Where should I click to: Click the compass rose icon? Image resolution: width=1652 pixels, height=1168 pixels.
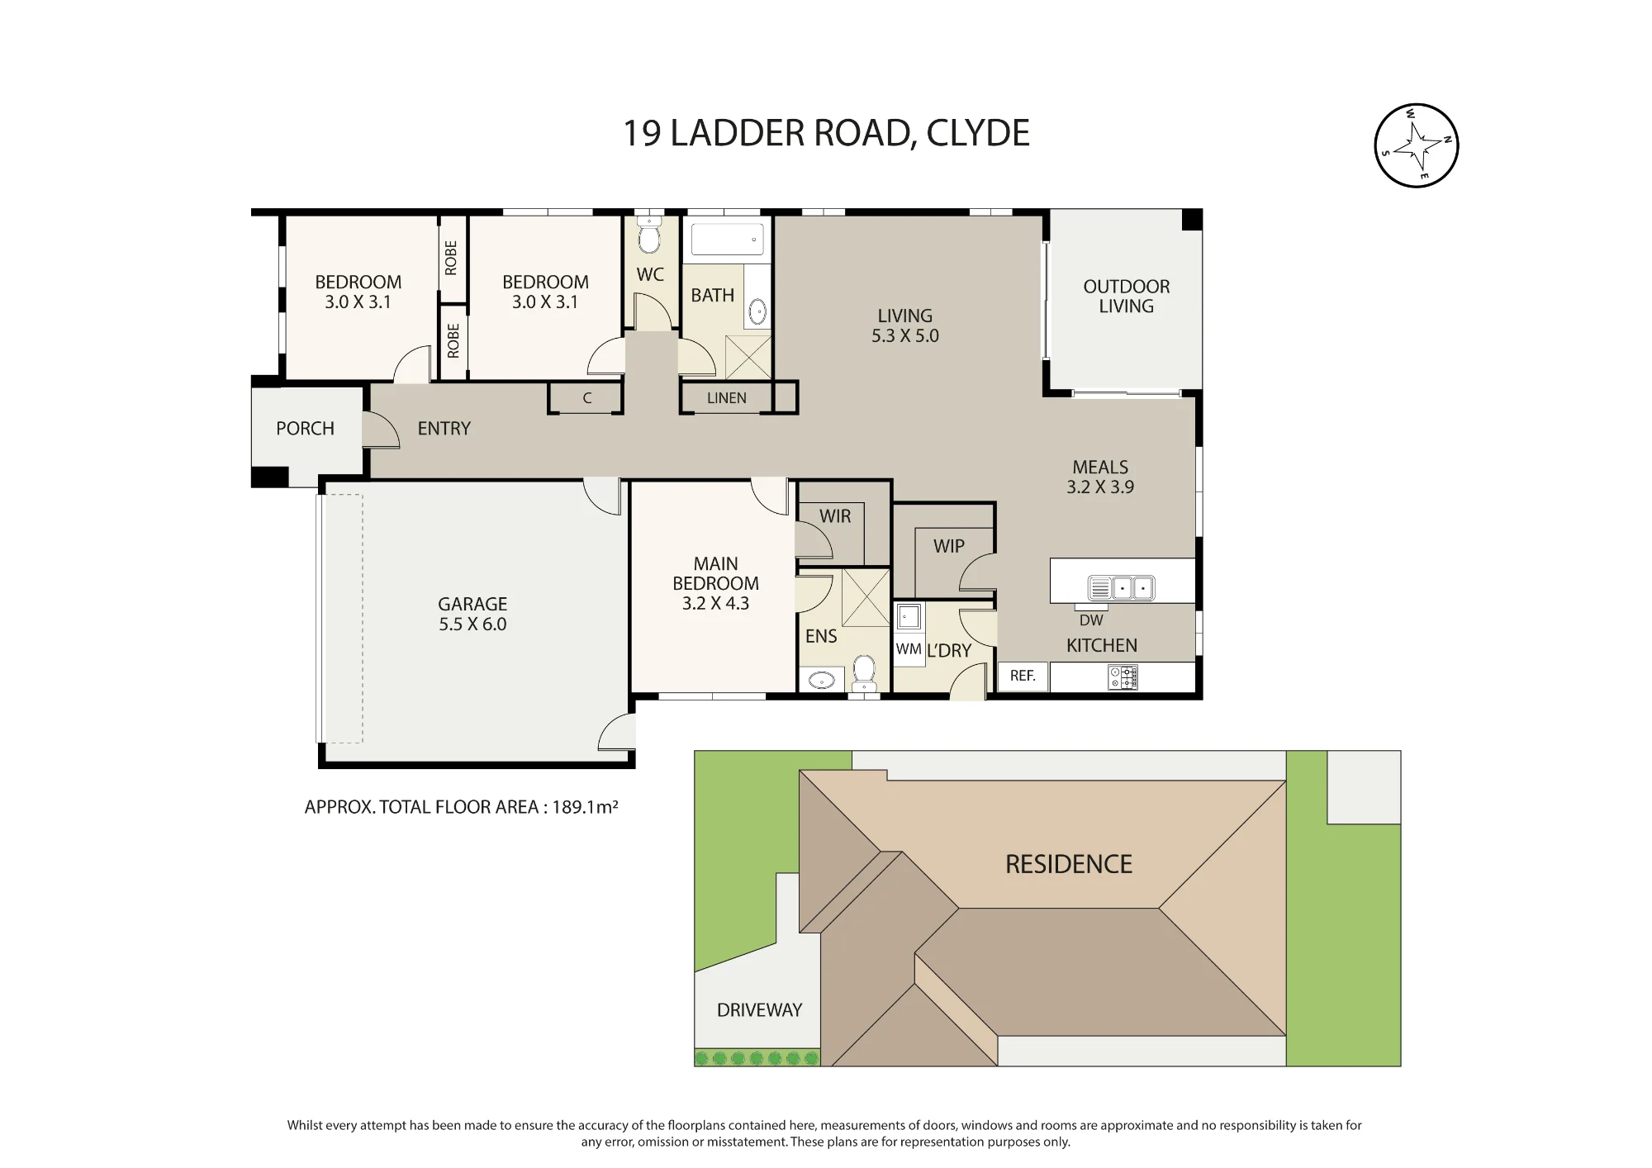tap(1416, 145)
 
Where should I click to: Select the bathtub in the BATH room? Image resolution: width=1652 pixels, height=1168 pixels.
tap(727, 239)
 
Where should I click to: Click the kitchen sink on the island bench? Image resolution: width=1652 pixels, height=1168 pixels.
tap(1121, 587)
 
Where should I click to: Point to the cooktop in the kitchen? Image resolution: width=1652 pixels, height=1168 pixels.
tap(1123, 678)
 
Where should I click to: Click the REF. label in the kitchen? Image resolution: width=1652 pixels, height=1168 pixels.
tap(1023, 676)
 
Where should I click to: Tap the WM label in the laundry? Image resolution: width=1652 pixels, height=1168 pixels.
tap(909, 649)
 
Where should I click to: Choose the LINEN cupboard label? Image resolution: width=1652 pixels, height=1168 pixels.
tap(727, 398)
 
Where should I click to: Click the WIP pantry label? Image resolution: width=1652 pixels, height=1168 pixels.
tap(949, 546)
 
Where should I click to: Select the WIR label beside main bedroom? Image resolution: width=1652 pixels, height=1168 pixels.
tap(835, 516)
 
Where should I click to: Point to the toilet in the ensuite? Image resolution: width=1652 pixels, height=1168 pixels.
tap(864, 672)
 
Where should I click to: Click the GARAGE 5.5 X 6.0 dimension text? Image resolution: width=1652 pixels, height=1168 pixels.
tap(472, 624)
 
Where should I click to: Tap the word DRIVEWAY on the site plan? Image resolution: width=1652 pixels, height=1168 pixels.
tap(760, 1010)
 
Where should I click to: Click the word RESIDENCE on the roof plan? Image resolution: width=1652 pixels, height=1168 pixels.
tap(1069, 864)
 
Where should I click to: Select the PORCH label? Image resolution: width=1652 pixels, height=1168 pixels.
tap(305, 429)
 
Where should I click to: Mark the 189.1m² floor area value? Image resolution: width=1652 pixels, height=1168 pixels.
tap(585, 807)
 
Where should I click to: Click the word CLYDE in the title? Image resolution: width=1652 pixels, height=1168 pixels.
tap(978, 133)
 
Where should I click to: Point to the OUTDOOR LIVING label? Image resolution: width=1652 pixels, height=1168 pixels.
tap(1127, 297)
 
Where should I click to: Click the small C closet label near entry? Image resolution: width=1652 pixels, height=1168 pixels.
tap(587, 398)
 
